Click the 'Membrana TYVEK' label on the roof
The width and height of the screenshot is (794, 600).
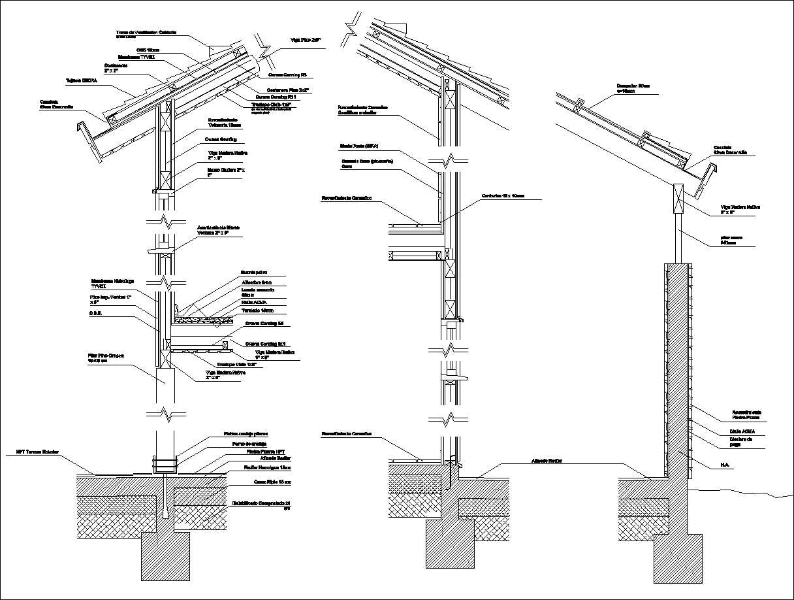tap(136, 57)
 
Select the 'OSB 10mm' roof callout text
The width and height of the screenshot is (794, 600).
tap(148, 50)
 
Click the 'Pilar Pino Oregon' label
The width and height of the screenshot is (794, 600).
tap(105, 358)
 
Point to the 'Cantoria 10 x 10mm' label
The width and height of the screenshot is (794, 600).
tap(503, 195)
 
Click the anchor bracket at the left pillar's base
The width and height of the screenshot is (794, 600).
tap(165, 465)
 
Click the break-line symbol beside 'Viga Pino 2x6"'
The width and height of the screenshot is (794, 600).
tap(267, 48)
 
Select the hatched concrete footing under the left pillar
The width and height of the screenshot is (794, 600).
tap(166, 556)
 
